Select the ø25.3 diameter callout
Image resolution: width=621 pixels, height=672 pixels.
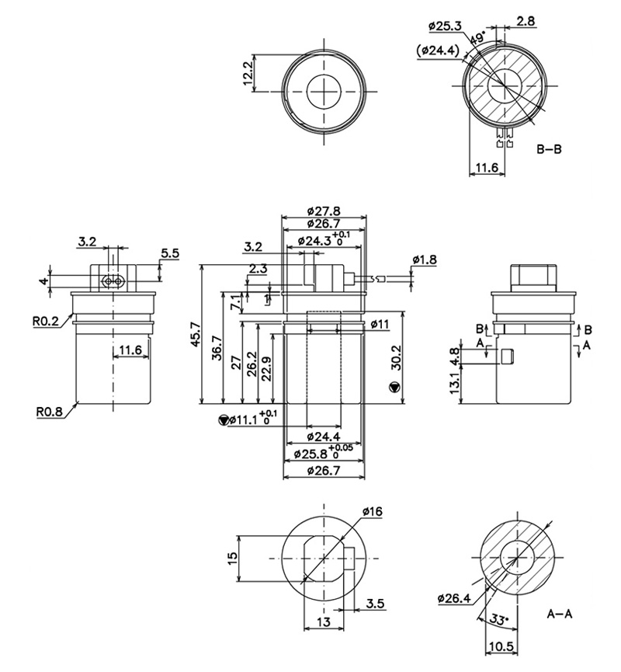click(x=446, y=26)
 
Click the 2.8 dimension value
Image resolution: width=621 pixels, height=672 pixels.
click(x=525, y=23)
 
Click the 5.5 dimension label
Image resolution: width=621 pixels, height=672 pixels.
click(x=170, y=252)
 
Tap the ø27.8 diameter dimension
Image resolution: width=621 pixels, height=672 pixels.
click(x=324, y=211)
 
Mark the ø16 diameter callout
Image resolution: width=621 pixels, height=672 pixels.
click(x=372, y=511)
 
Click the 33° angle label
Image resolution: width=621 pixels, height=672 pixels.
click(x=501, y=619)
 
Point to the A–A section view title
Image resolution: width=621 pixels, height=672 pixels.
click(x=559, y=614)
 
